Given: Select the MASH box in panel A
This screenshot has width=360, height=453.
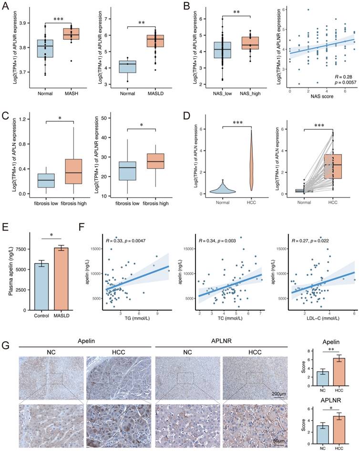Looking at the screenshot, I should click(x=72, y=35).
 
